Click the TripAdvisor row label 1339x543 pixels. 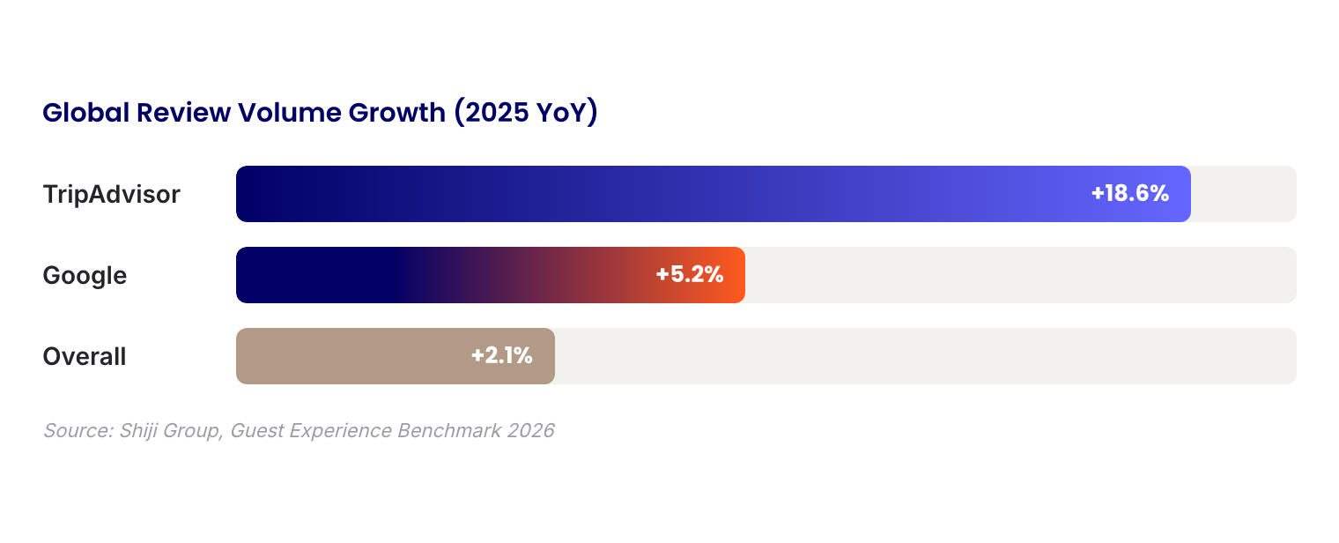111,194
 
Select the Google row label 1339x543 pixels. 85,275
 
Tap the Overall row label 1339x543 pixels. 85,356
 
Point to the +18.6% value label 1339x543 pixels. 1129,194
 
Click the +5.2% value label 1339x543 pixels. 690,275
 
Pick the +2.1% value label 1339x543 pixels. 501,356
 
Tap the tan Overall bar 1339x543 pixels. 352,356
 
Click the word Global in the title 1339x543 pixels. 85,114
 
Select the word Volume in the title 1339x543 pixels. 288,114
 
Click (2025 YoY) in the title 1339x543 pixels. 526,114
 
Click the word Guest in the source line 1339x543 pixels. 257,431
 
